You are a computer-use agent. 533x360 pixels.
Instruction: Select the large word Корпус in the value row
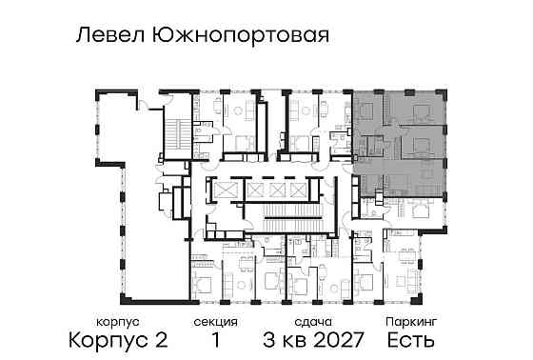[x=102, y=339]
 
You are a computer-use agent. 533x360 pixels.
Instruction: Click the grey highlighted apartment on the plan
[x=400, y=133]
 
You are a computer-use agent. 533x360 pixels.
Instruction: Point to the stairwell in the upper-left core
[x=177, y=133]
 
